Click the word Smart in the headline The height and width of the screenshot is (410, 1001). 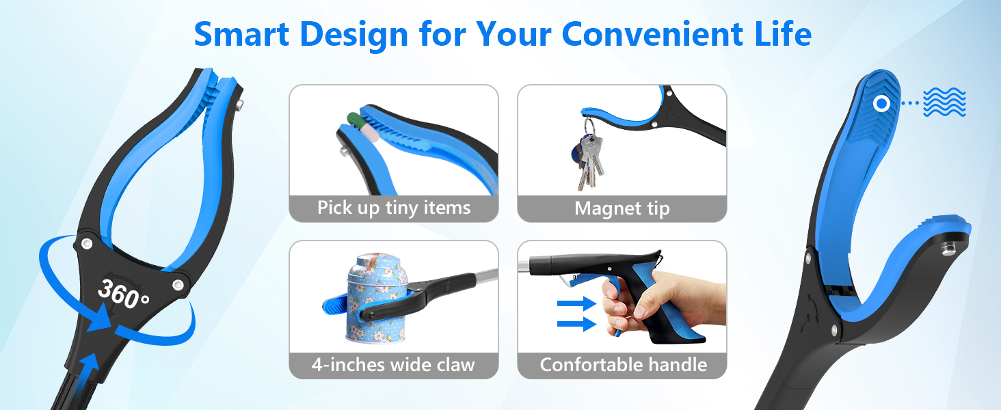pos(241,34)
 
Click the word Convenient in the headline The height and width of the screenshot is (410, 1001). pos(652,34)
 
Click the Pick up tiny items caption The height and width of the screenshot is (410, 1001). pos(394,208)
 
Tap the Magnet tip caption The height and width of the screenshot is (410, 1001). pos(622,208)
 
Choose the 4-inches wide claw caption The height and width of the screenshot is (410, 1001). pos(393,365)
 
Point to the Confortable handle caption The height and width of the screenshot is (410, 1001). pos(624,365)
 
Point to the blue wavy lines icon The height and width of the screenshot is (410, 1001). pos(944,102)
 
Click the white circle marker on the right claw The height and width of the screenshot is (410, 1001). pos(881,104)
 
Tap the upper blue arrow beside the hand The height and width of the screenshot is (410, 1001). pos(576,304)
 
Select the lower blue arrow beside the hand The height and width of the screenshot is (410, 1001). pos(576,324)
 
